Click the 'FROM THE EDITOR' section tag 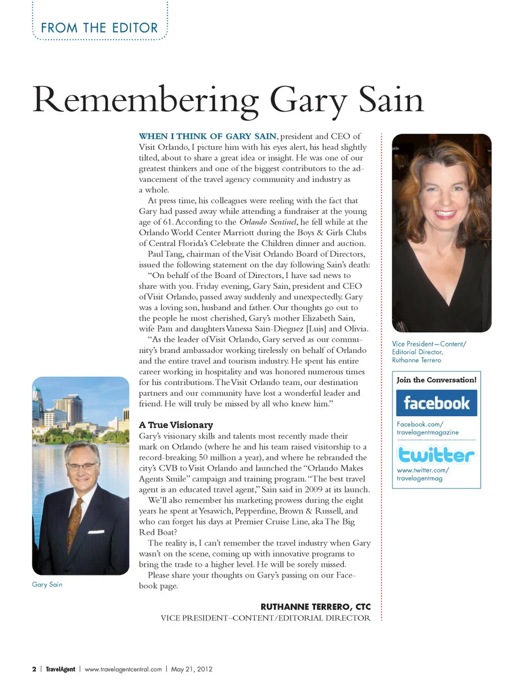click(x=99, y=28)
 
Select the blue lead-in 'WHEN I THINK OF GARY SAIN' click(x=207, y=136)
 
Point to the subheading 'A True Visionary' click(x=176, y=425)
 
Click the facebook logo click(x=436, y=403)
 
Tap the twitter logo click(x=436, y=455)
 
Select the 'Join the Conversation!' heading click(x=436, y=380)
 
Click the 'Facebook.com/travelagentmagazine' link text click(x=427, y=428)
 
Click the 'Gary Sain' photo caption click(x=47, y=585)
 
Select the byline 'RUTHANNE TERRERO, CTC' click(x=315, y=607)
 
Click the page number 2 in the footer click(x=34, y=669)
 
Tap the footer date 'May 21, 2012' click(x=191, y=669)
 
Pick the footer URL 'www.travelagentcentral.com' click(x=123, y=669)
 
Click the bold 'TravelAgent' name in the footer click(x=60, y=669)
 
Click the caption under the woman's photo click(x=429, y=352)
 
